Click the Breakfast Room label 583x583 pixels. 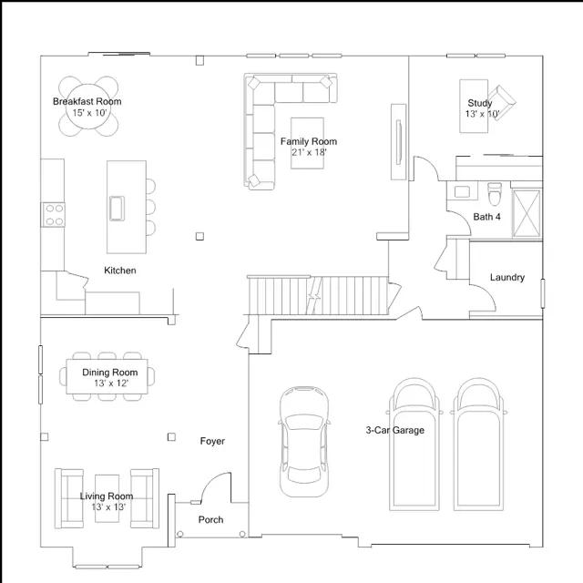pyautogui.click(x=87, y=101)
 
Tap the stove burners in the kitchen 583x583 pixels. pyautogui.click(x=54, y=215)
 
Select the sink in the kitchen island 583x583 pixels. pyautogui.click(x=117, y=209)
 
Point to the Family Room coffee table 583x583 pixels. pyautogui.click(x=307, y=143)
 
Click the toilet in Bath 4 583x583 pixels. pyautogui.click(x=495, y=194)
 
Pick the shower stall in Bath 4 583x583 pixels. pyautogui.click(x=527, y=213)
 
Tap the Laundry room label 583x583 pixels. pyautogui.click(x=507, y=277)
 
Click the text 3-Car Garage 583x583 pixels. pyautogui.click(x=394, y=430)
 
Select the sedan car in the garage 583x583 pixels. pyautogui.click(x=304, y=441)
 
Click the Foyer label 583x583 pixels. pyautogui.click(x=212, y=441)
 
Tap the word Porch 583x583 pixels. pyautogui.click(x=210, y=520)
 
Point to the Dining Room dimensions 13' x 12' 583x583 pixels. pyautogui.click(x=111, y=384)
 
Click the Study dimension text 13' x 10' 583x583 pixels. pyautogui.click(x=482, y=114)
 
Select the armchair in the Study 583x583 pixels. pyautogui.click(x=502, y=101)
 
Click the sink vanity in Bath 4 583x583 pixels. pyautogui.click(x=462, y=191)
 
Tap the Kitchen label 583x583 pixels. pyautogui.click(x=119, y=271)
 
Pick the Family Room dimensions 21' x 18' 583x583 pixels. pyautogui.click(x=309, y=152)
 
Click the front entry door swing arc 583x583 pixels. pyautogui.click(x=215, y=483)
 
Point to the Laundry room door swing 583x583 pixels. pyautogui.click(x=485, y=295)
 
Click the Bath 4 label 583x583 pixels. pyautogui.click(x=486, y=217)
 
